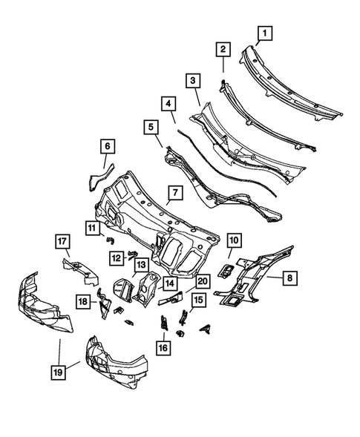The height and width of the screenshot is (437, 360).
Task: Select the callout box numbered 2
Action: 222,50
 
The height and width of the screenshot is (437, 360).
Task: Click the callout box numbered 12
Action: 117,257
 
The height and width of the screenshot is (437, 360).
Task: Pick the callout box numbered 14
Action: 169,283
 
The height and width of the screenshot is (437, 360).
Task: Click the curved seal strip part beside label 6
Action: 96,178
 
